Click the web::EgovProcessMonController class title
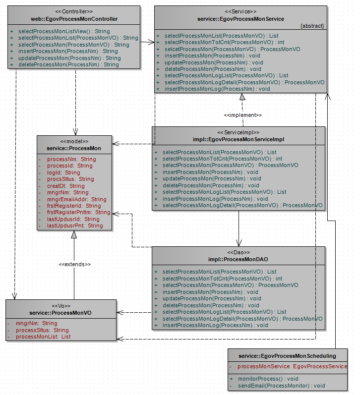coord(74,19)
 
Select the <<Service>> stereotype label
coord(240,11)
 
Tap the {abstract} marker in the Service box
coord(312,26)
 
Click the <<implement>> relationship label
coord(242,115)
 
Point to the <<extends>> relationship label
coord(75,264)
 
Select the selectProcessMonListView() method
coord(64,31)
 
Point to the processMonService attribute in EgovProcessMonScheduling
coord(292,366)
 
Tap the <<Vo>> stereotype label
coord(61,306)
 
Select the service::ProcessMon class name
coord(74,148)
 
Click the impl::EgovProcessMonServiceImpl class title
coord(239,140)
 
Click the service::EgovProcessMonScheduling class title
coord(287,355)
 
